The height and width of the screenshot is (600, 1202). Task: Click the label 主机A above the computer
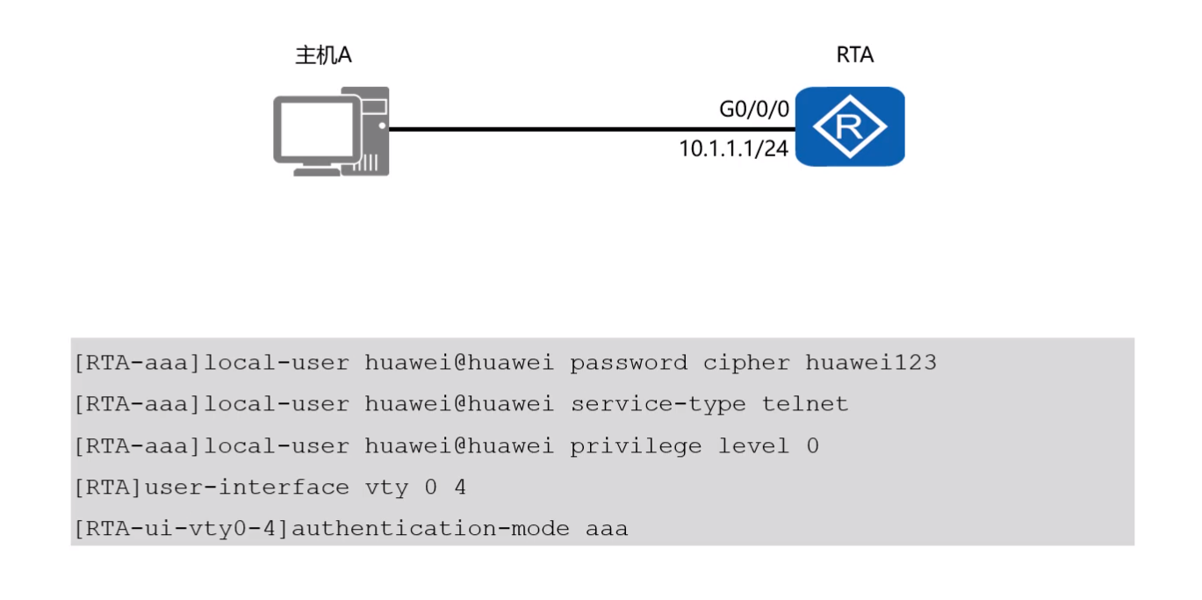(323, 55)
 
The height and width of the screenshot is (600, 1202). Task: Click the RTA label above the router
(854, 55)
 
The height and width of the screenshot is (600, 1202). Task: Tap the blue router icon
(849, 127)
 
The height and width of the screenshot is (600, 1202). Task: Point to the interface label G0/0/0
(754, 110)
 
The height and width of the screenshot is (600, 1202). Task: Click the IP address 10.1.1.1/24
(734, 148)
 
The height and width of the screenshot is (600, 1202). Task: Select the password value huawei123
(870, 362)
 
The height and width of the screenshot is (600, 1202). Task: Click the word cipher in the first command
(746, 362)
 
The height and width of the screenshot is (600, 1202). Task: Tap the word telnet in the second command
(804, 404)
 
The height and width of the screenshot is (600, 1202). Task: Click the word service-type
(658, 404)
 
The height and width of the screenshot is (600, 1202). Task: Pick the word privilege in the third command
(636, 446)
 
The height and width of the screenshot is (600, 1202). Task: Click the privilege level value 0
(812, 446)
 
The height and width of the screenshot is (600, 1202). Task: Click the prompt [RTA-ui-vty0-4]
(182, 530)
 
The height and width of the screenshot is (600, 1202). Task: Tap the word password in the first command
(629, 362)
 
